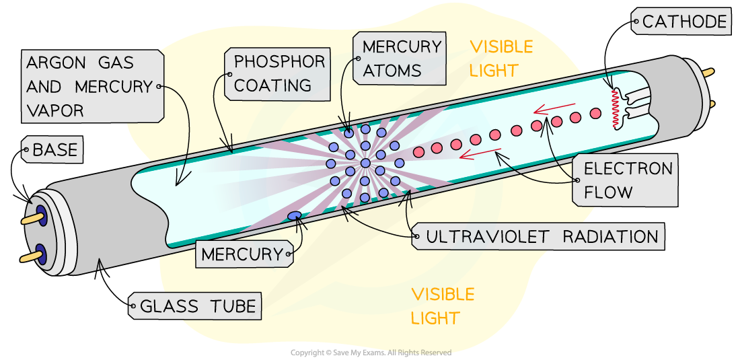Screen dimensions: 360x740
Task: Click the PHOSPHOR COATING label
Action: click(x=278, y=73)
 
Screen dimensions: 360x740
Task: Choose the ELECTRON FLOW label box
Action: click(x=626, y=180)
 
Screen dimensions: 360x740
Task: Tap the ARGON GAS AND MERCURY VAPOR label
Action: click(x=91, y=86)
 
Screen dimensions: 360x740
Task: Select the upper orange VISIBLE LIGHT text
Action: click(x=501, y=58)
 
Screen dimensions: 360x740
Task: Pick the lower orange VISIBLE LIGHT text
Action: click(x=443, y=305)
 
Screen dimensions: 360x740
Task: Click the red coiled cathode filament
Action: click(x=614, y=108)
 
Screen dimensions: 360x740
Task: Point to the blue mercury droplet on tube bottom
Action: click(x=295, y=215)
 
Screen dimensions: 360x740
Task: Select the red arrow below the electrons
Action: click(x=480, y=154)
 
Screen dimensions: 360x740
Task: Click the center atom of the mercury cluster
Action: click(x=365, y=163)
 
